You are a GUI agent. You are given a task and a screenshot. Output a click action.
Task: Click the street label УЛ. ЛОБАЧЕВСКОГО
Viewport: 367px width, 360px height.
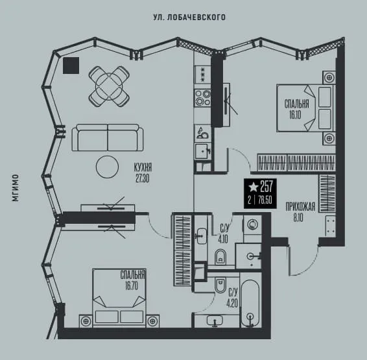[189, 18]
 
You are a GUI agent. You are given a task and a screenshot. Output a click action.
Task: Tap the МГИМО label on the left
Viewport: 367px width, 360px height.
[15, 187]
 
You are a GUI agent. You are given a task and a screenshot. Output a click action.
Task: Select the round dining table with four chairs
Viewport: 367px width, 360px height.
[109, 87]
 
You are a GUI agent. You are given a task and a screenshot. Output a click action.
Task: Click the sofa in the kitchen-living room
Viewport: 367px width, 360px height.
[108, 138]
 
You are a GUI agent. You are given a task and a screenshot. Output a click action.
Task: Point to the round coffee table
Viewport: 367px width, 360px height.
[107, 167]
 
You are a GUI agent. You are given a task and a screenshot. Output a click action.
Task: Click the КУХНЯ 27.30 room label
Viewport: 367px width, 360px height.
[143, 173]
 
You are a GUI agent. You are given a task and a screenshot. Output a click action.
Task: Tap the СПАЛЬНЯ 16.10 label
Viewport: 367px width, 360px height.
[296, 110]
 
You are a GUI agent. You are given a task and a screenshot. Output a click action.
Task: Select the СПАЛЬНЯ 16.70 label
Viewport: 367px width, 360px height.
[133, 280]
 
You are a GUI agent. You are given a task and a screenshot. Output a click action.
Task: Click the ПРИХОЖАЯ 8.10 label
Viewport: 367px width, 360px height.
[300, 212]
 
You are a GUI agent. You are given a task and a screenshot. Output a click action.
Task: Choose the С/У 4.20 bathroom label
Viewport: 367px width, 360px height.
[232, 298]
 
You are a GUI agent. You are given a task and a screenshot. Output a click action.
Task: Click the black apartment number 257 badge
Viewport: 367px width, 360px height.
[260, 193]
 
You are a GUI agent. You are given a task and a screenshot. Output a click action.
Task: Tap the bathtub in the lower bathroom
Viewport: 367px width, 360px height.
[250, 304]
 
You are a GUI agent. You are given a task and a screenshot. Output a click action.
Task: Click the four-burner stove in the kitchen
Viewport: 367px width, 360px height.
[203, 97]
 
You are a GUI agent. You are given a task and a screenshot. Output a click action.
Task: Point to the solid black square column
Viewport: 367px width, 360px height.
[71, 66]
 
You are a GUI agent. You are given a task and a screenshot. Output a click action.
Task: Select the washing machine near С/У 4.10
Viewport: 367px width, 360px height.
[252, 224]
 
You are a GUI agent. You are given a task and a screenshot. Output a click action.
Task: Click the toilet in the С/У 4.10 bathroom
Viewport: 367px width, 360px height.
[220, 257]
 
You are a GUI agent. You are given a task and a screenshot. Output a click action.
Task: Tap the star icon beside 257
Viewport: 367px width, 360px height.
[253, 187]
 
